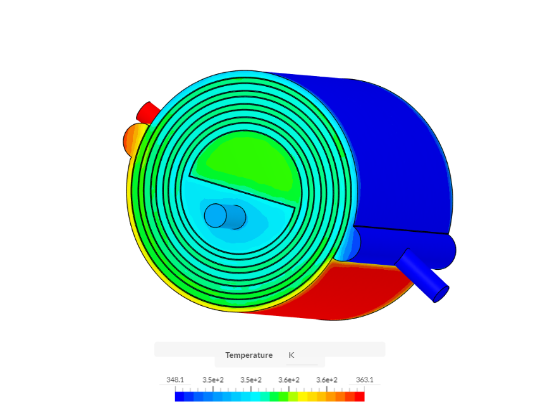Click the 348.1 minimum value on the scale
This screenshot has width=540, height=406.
[175, 379]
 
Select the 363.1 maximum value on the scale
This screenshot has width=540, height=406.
[365, 379]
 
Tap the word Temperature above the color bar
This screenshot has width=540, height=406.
[249, 355]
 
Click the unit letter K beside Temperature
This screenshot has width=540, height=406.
[291, 355]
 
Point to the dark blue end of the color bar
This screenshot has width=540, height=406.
[181, 396]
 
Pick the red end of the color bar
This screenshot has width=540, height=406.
[360, 396]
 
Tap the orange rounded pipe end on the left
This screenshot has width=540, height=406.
[133, 137]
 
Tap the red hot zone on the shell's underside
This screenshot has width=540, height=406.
[354, 291]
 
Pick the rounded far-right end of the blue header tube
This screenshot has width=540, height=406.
[448, 250]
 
